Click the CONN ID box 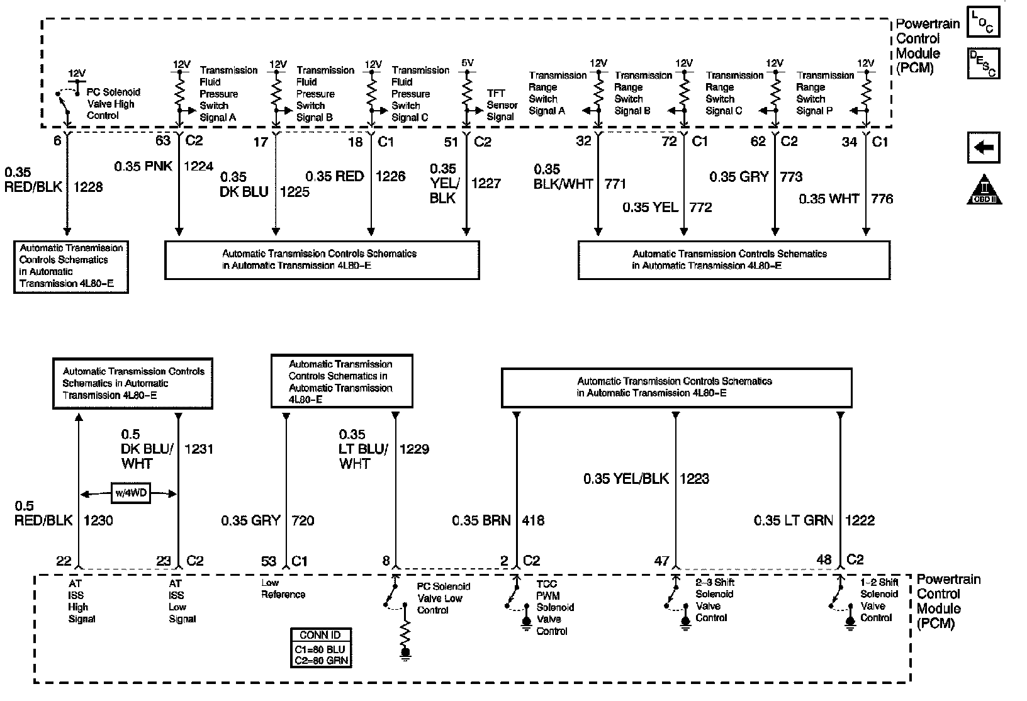(321, 648)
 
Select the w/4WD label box (130, 492)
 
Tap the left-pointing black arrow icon (983, 149)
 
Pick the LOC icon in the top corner (983, 23)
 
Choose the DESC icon (983, 64)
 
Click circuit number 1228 (88, 187)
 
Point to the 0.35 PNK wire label (143, 167)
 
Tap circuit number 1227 (486, 183)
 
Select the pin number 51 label (451, 142)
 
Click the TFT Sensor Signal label (502, 105)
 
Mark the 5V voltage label (467, 63)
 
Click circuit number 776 (882, 199)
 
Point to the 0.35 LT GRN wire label (794, 520)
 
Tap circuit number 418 (533, 520)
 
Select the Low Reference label (283, 588)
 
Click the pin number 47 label (661, 560)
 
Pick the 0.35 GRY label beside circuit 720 (250, 520)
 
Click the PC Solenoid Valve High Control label (112, 104)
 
